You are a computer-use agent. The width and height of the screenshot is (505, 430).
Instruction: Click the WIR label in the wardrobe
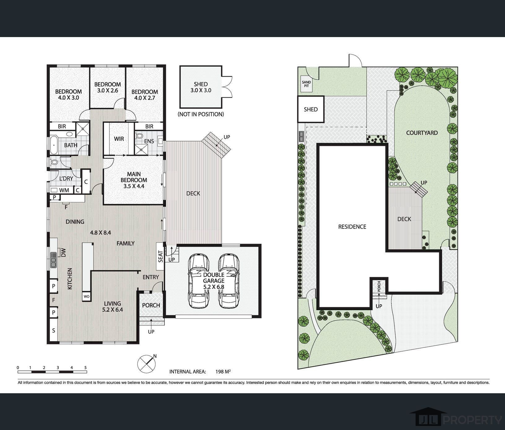119,139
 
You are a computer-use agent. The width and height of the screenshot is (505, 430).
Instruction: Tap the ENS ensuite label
149,141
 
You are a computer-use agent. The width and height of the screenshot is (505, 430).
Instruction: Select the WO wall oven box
86,297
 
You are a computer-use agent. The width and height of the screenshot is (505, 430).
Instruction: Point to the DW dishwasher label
64,253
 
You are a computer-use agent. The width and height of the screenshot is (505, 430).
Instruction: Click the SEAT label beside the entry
161,256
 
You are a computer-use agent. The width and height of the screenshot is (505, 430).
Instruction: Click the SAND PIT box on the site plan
306,84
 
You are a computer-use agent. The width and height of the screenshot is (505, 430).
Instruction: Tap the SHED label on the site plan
311,109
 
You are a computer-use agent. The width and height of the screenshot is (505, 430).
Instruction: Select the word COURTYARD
422,133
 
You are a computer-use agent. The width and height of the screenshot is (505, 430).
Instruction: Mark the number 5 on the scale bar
85,368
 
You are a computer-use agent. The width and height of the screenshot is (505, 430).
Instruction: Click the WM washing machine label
64,190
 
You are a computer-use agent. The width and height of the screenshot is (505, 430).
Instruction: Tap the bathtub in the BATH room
54,145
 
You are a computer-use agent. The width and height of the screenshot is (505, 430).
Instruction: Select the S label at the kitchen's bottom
54,331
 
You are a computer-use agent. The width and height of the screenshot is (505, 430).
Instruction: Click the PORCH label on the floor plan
151,305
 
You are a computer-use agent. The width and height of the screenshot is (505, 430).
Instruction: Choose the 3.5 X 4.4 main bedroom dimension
134,186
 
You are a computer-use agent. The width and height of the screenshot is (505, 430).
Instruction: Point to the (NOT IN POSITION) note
201,114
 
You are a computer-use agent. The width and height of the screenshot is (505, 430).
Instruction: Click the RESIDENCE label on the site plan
352,227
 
